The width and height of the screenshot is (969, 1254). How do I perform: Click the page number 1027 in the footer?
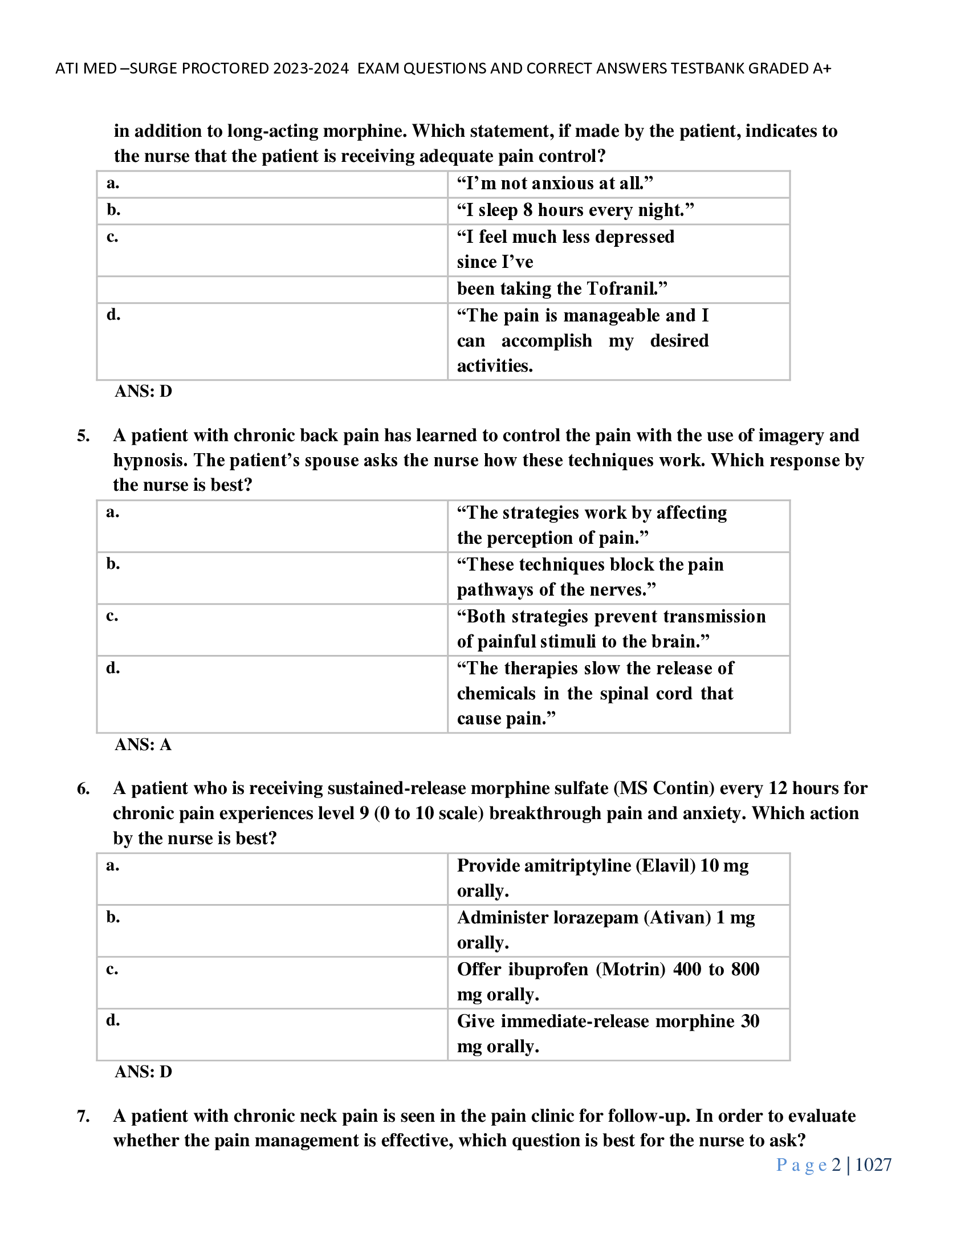coord(873,1165)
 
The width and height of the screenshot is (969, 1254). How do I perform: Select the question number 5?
coord(83,436)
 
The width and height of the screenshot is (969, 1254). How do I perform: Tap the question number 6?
coord(83,789)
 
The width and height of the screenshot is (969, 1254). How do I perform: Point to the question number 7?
coord(83,1116)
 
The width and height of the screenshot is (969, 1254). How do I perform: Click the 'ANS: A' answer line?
coord(143,745)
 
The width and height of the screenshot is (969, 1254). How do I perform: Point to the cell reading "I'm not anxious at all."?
coord(555,184)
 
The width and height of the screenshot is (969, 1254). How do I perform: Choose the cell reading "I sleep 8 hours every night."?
coord(575,210)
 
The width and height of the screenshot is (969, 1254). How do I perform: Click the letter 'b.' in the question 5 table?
coord(113,564)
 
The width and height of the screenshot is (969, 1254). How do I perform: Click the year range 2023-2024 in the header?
coord(311,68)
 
